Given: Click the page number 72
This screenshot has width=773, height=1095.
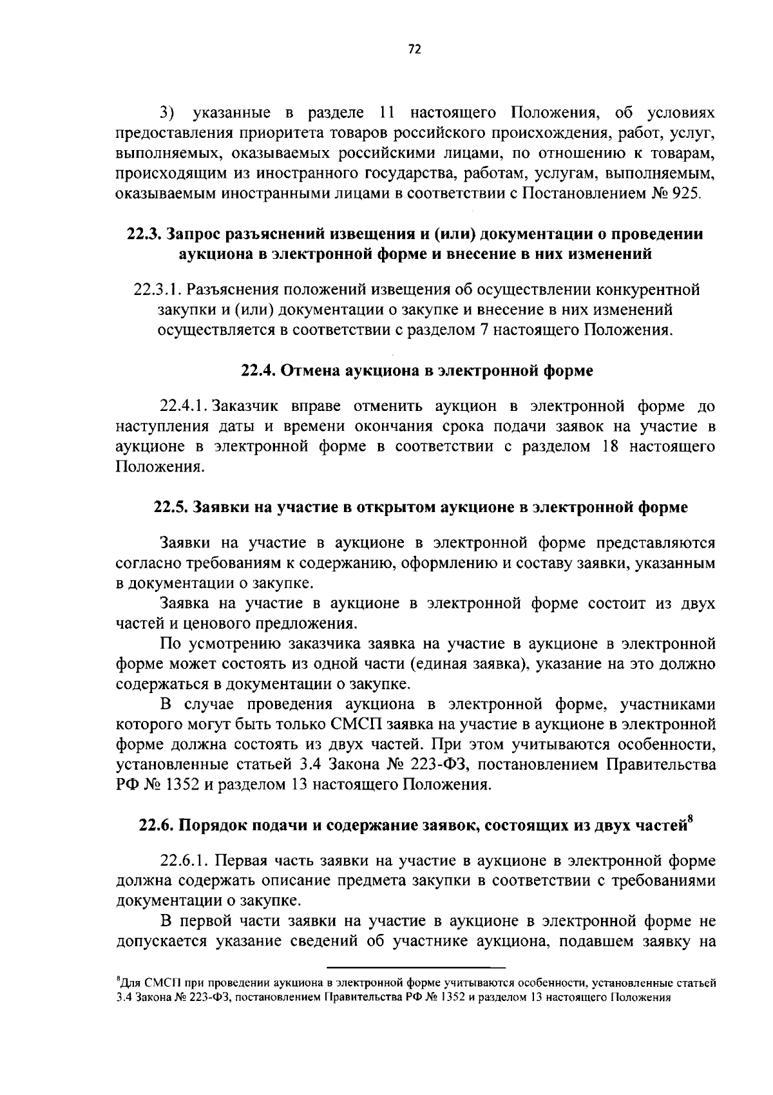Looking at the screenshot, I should (x=414, y=49).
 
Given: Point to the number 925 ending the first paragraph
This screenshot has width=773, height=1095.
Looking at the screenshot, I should (x=685, y=193).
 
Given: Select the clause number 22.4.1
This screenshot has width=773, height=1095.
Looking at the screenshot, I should (x=184, y=407).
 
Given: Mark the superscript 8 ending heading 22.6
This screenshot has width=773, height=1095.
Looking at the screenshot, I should (x=691, y=819).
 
